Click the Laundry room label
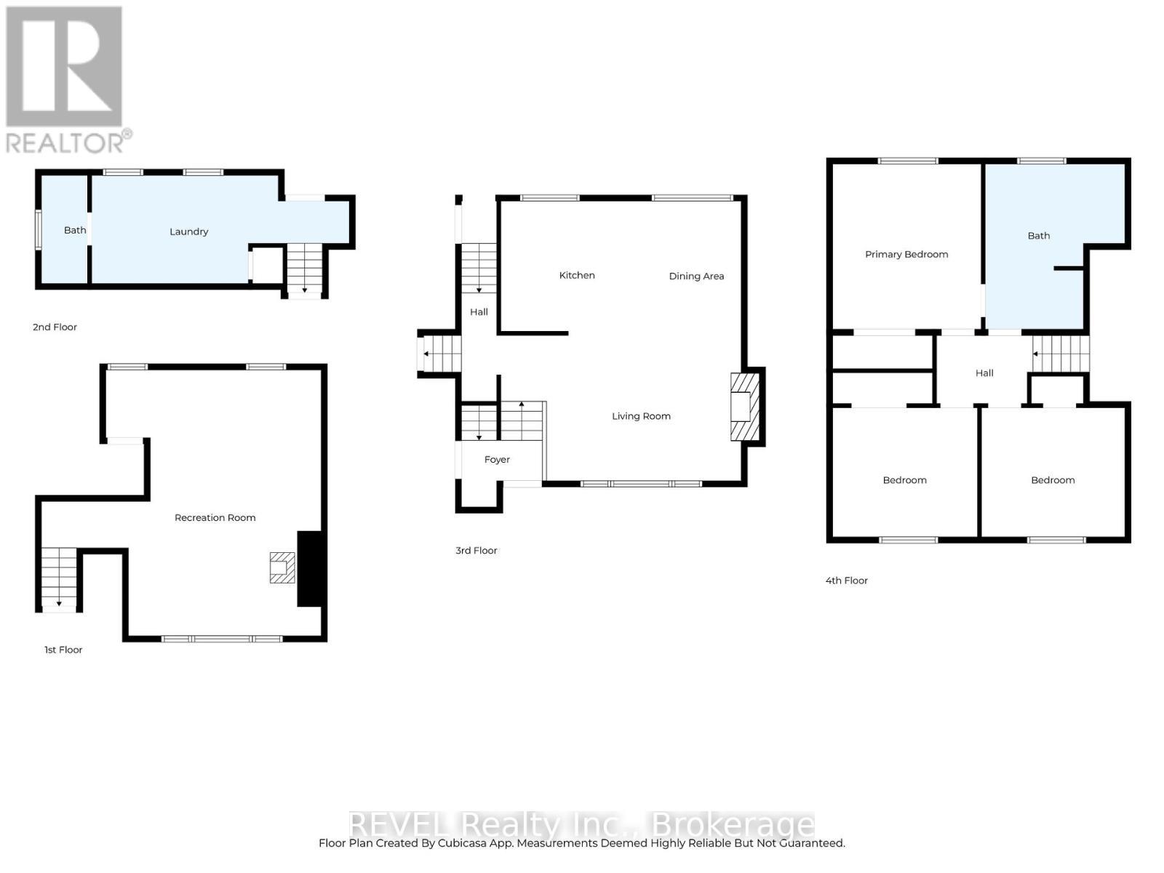click(188, 231)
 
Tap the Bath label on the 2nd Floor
click(75, 230)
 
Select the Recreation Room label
click(215, 518)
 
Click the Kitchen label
click(577, 275)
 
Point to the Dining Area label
click(696, 276)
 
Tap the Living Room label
click(641, 416)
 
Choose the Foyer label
click(497, 459)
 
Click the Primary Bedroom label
click(906, 254)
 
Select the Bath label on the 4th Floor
click(1038, 236)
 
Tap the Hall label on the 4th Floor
click(984, 372)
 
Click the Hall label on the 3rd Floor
click(479, 312)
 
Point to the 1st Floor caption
click(63, 650)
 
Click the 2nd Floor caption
click(55, 327)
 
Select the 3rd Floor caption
click(477, 550)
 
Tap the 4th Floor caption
click(847, 581)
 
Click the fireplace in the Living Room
click(745, 407)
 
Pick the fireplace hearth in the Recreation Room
click(282, 567)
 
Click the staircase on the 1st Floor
click(59, 578)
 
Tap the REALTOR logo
click(65, 80)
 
